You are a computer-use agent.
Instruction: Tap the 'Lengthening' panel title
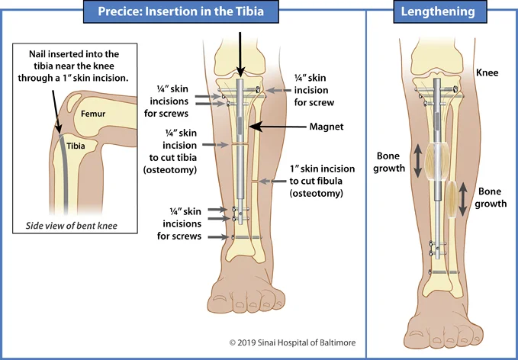pyautogui.click(x=442, y=11)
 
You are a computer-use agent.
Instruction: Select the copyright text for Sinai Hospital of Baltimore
pyautogui.click(x=292, y=343)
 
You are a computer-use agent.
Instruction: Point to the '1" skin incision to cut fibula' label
pyautogui.click(x=315, y=182)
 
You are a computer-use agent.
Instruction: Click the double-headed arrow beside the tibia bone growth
pyautogui.click(x=417, y=161)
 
